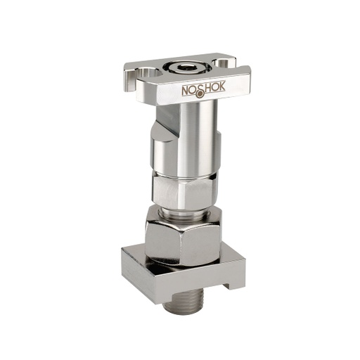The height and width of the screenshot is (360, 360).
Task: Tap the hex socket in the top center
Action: click(x=186, y=67)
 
